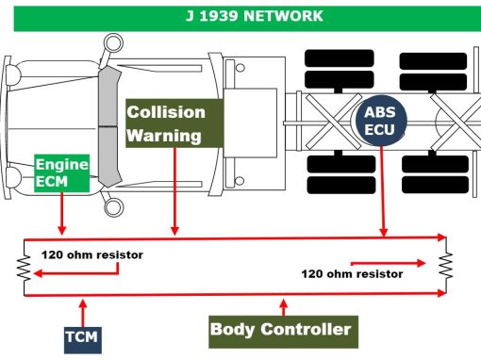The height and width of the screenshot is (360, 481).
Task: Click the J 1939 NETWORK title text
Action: (x=255, y=16)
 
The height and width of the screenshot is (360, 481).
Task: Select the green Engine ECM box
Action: (x=62, y=173)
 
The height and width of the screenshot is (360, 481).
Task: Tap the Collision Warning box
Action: (x=174, y=123)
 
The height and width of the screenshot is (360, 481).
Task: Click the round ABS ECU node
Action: (x=381, y=121)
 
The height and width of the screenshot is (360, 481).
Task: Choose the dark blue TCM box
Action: (x=83, y=340)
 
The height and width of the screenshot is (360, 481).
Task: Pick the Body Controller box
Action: (x=283, y=332)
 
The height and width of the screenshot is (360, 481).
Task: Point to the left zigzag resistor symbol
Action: (x=25, y=268)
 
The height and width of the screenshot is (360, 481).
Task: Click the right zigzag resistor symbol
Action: (x=446, y=265)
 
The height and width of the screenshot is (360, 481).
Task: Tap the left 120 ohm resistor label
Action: (x=92, y=254)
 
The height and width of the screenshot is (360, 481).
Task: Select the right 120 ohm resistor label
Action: (x=352, y=274)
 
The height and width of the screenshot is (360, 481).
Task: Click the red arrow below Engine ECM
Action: (x=62, y=213)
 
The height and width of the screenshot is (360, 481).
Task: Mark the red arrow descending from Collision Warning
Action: (x=174, y=191)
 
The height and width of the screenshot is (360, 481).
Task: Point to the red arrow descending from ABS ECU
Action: (x=383, y=191)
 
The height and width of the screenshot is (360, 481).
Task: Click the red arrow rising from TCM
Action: (x=83, y=313)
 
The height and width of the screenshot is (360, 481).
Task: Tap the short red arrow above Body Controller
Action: (x=284, y=307)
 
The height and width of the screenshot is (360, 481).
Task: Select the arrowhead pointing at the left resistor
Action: (x=38, y=273)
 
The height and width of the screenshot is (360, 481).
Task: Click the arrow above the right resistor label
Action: (x=389, y=263)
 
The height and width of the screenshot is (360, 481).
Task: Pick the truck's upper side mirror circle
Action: (x=113, y=43)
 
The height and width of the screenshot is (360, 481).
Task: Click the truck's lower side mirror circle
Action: (x=113, y=207)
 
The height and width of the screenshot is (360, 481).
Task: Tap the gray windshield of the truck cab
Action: (x=109, y=126)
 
